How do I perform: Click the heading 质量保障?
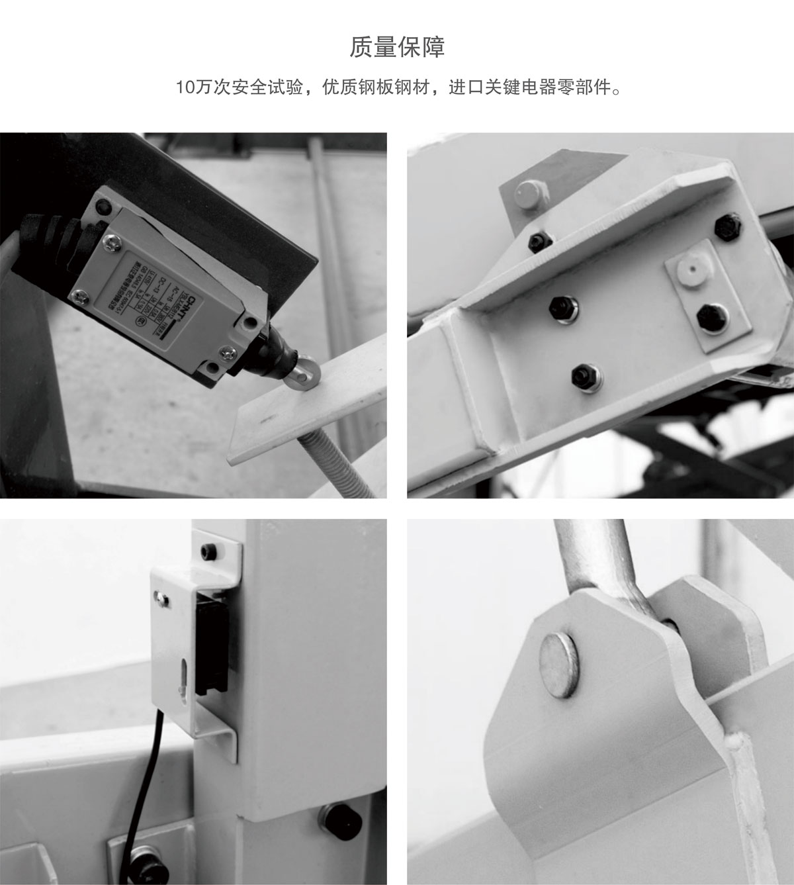coord(397,48)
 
